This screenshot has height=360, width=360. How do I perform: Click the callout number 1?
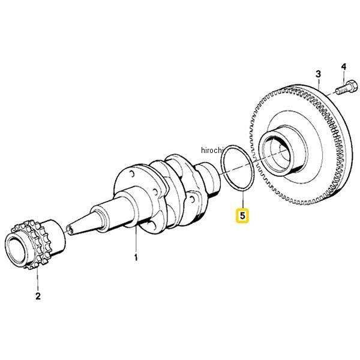point(136,257)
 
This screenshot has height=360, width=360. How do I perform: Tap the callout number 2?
point(38,296)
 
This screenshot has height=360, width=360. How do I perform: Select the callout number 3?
point(318,74)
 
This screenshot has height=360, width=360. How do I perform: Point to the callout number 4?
point(343,67)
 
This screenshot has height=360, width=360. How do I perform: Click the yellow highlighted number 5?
point(242,215)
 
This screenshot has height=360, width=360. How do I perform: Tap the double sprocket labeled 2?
point(34,244)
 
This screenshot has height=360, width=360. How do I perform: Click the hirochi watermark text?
point(212,151)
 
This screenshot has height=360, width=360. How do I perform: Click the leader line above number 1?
point(136,239)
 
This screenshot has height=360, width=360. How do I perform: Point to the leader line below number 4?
point(344,76)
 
